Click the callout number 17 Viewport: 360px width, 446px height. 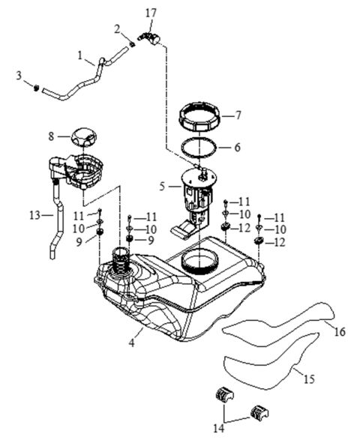(x=151, y=12)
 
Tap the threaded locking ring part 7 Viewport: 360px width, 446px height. (x=199, y=118)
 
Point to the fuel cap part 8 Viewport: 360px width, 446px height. (x=83, y=138)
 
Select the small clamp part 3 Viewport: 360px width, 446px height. (x=36, y=90)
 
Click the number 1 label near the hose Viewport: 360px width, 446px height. (x=80, y=55)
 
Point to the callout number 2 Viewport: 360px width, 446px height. (x=117, y=29)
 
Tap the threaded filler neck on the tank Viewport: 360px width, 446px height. (x=120, y=263)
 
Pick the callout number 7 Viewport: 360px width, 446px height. (x=238, y=115)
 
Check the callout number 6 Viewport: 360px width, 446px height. (x=238, y=147)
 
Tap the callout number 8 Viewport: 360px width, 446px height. (x=52, y=136)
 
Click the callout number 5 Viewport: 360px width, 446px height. (x=161, y=184)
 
